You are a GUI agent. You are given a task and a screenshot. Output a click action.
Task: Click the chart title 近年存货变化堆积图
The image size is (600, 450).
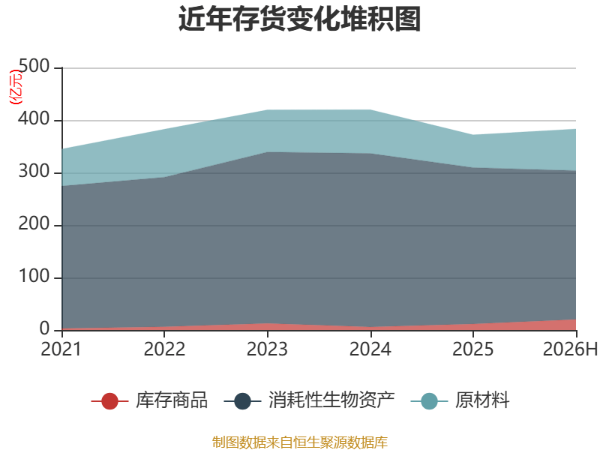tap(299, 18)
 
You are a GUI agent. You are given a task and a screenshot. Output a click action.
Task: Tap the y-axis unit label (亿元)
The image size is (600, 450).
tap(16, 87)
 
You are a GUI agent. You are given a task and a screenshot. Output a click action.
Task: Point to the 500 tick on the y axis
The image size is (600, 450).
tap(34, 66)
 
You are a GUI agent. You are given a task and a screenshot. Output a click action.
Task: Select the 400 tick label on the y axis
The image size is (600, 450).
tap(34, 119)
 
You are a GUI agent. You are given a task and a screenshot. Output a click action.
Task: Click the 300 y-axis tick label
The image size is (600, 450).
tap(34, 172)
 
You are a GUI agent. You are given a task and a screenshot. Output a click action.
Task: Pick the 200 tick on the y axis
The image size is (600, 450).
tap(34, 223)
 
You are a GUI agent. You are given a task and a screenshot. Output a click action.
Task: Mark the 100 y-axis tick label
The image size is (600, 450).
tap(34, 276)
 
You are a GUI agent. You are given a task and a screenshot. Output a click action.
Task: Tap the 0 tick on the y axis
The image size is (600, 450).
tap(45, 328)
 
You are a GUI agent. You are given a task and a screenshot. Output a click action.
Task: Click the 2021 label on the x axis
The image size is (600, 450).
tap(61, 349)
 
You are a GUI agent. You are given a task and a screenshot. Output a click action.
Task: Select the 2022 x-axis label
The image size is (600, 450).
tap(164, 349)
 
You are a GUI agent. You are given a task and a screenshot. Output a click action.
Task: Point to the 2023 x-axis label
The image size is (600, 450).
tap(267, 349)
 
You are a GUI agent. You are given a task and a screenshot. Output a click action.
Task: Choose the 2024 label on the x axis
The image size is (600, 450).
tap(370, 349)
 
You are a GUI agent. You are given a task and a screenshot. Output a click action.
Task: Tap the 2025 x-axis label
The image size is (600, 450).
tap(473, 349)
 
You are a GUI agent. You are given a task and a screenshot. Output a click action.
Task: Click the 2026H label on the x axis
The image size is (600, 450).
tap(570, 349)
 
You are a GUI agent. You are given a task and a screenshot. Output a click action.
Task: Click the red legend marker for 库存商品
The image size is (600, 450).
tap(109, 401)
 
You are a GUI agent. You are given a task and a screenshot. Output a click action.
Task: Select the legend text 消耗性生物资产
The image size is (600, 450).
tap(331, 400)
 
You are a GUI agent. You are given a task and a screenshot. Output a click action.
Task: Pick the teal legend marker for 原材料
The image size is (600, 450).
tap(429, 401)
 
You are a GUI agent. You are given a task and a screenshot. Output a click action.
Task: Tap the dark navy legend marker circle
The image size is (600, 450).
tap(242, 401)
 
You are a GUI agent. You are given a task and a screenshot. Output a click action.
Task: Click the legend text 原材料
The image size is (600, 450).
tap(482, 400)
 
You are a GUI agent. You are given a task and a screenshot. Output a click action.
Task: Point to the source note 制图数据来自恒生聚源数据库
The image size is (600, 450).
tap(299, 442)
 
